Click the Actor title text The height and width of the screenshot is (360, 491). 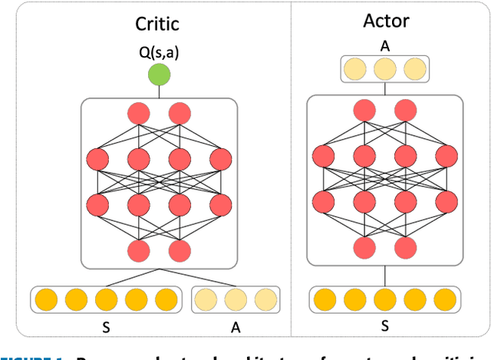387,20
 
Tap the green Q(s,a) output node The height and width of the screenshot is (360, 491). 159,75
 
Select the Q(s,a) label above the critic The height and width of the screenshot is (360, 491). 159,53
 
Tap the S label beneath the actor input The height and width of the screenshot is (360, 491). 387,325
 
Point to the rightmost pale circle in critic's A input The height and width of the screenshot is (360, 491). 264,299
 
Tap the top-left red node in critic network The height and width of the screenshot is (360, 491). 139,114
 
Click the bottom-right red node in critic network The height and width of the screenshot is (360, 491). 180,250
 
